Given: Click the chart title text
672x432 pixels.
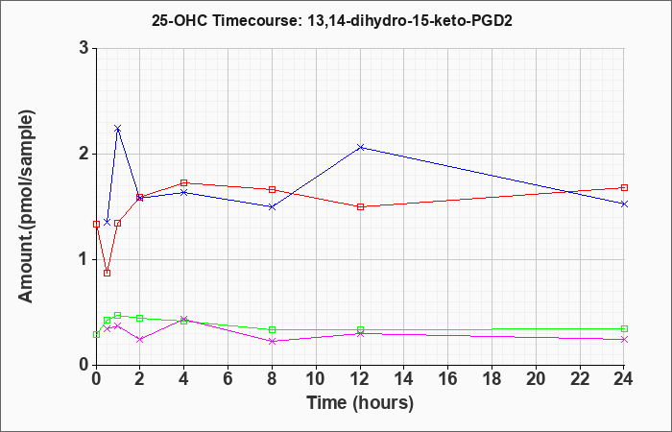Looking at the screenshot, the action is pos(332,20).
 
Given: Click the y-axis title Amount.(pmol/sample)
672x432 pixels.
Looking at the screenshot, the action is pos(26,206).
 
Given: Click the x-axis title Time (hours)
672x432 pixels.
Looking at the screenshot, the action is pos(360,403).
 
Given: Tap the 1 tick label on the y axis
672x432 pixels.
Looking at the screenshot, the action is pos(84,260).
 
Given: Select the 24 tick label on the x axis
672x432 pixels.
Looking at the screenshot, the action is pos(624,378).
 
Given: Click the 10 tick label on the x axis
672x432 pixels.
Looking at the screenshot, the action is pos(316,378).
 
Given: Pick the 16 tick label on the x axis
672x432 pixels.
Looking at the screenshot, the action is pos(448,378).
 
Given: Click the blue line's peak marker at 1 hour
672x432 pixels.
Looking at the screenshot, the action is pos(118,129).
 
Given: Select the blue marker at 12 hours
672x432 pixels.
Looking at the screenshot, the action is pos(360,148).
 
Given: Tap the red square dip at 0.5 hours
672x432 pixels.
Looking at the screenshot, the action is pos(108,273).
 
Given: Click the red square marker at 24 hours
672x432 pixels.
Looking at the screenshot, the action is pos(624,188).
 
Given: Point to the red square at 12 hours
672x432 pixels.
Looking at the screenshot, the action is pos(360,207).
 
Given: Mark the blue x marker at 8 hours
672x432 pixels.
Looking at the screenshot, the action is pos(272,207).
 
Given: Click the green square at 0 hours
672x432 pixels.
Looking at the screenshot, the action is pos(96,335).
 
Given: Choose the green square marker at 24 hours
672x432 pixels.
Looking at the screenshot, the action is pos(624,328).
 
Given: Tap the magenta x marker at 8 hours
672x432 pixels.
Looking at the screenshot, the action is pos(272,341).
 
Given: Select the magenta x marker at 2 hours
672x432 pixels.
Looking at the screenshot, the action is pos(140,340).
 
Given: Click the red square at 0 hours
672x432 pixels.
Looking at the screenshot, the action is pos(96,224).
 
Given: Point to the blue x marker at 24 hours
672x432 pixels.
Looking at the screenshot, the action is pos(624,204).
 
